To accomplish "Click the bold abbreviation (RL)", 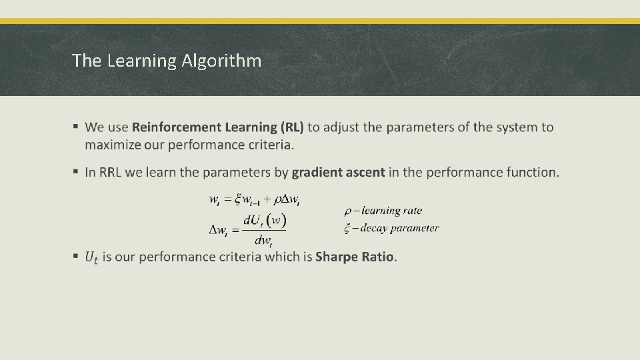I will click(x=292, y=127).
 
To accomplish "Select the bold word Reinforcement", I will click(x=175, y=127).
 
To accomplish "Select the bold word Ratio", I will click(x=379, y=257).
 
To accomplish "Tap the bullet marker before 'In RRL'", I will click(x=77, y=172).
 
